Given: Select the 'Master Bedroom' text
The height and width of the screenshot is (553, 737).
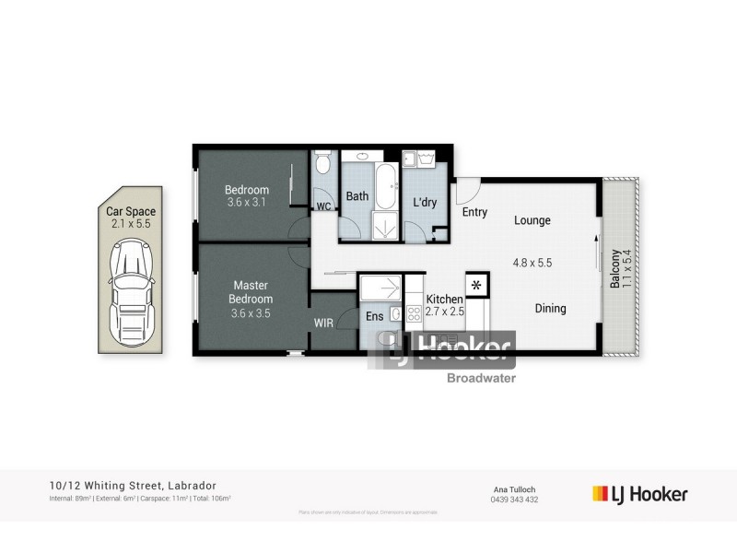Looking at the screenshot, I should [x=252, y=292].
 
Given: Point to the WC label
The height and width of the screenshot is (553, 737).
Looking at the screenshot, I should [x=323, y=206].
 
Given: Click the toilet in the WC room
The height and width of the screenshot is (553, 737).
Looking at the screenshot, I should [x=322, y=165].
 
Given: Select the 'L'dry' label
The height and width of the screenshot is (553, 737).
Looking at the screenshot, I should [x=425, y=202].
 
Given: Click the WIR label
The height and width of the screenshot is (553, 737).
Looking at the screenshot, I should [x=323, y=324].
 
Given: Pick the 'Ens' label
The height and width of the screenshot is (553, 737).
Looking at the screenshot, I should [x=374, y=316].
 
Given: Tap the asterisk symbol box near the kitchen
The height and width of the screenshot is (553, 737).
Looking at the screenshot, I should [x=477, y=285].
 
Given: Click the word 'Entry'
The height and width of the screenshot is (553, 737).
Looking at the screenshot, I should [x=475, y=213].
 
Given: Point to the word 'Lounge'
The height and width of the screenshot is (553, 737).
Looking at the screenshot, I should [x=532, y=220].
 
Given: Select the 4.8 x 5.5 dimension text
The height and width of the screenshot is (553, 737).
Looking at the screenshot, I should [x=532, y=262].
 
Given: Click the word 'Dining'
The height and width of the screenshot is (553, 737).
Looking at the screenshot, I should [x=550, y=309].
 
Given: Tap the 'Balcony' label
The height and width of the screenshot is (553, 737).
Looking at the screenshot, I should [x=614, y=268].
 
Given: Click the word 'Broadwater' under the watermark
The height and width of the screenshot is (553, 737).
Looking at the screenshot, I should [x=481, y=377].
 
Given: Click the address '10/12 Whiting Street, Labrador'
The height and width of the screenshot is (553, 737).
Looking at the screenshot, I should [x=134, y=486].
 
